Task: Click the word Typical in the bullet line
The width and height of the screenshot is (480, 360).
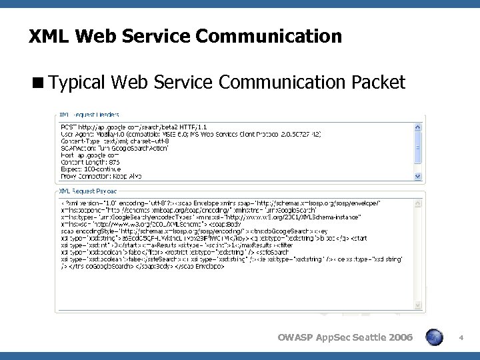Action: [x=78, y=83]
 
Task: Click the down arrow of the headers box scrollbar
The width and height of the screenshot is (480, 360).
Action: [x=418, y=177]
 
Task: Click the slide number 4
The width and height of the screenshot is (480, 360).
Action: [x=461, y=339]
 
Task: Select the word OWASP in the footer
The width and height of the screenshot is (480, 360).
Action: [x=294, y=338]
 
